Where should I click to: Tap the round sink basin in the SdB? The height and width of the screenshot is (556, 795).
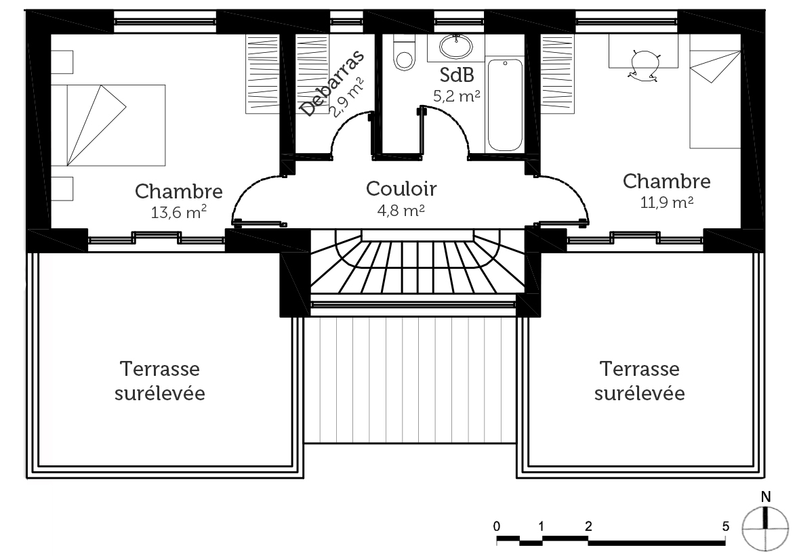pyautogui.click(x=456, y=46)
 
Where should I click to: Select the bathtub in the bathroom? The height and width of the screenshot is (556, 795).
pyautogui.click(x=505, y=105)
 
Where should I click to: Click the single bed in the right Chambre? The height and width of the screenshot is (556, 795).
pyautogui.click(x=715, y=100)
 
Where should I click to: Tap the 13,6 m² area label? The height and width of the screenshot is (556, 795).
pyautogui.click(x=178, y=213)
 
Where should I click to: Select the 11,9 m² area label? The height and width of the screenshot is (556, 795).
pyautogui.click(x=666, y=202)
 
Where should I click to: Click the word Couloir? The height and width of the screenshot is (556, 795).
pyautogui.click(x=401, y=188)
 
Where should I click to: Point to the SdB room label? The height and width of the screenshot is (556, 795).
pyautogui.click(x=457, y=75)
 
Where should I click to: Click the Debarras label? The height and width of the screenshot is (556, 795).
pyautogui.click(x=332, y=83)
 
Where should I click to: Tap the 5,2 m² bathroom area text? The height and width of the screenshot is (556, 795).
pyautogui.click(x=456, y=95)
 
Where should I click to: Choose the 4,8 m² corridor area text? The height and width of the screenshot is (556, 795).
pyautogui.click(x=401, y=211)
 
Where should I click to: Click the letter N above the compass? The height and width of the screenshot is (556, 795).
pyautogui.click(x=766, y=496)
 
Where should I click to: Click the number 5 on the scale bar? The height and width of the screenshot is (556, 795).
pyautogui.click(x=726, y=527)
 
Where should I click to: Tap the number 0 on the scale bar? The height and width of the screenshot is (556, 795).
pyautogui.click(x=496, y=527)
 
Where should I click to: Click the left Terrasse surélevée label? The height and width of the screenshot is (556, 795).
pyautogui.click(x=160, y=381)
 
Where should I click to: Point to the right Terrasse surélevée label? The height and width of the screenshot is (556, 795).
pyautogui.click(x=639, y=381)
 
